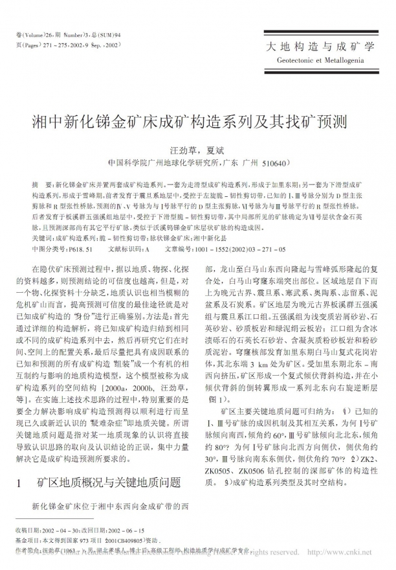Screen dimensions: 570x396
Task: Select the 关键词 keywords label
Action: [43, 238]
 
